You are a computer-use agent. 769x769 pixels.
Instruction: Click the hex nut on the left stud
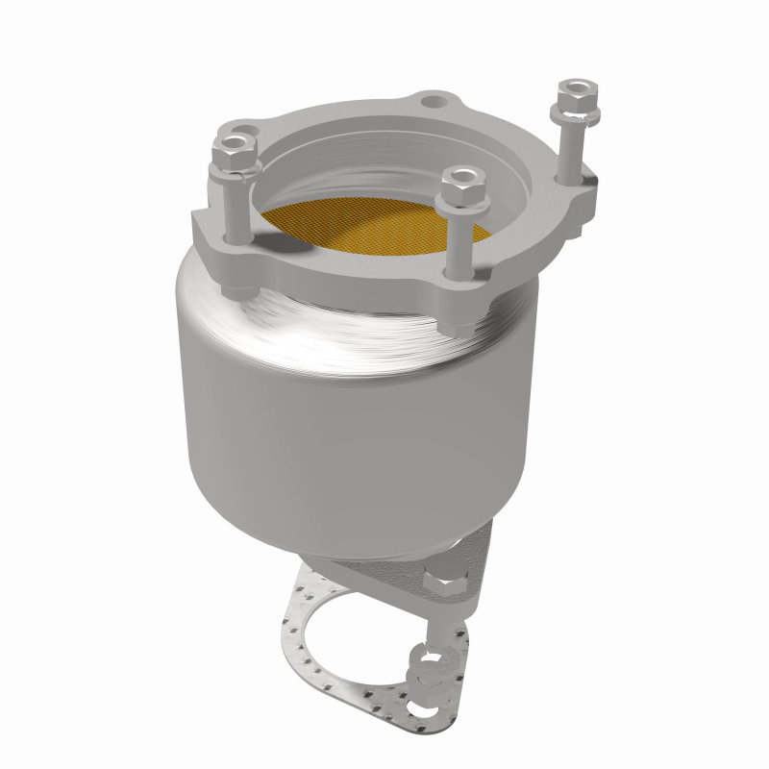coord(232,152)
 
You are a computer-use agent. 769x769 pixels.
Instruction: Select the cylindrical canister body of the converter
coord(356,413)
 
